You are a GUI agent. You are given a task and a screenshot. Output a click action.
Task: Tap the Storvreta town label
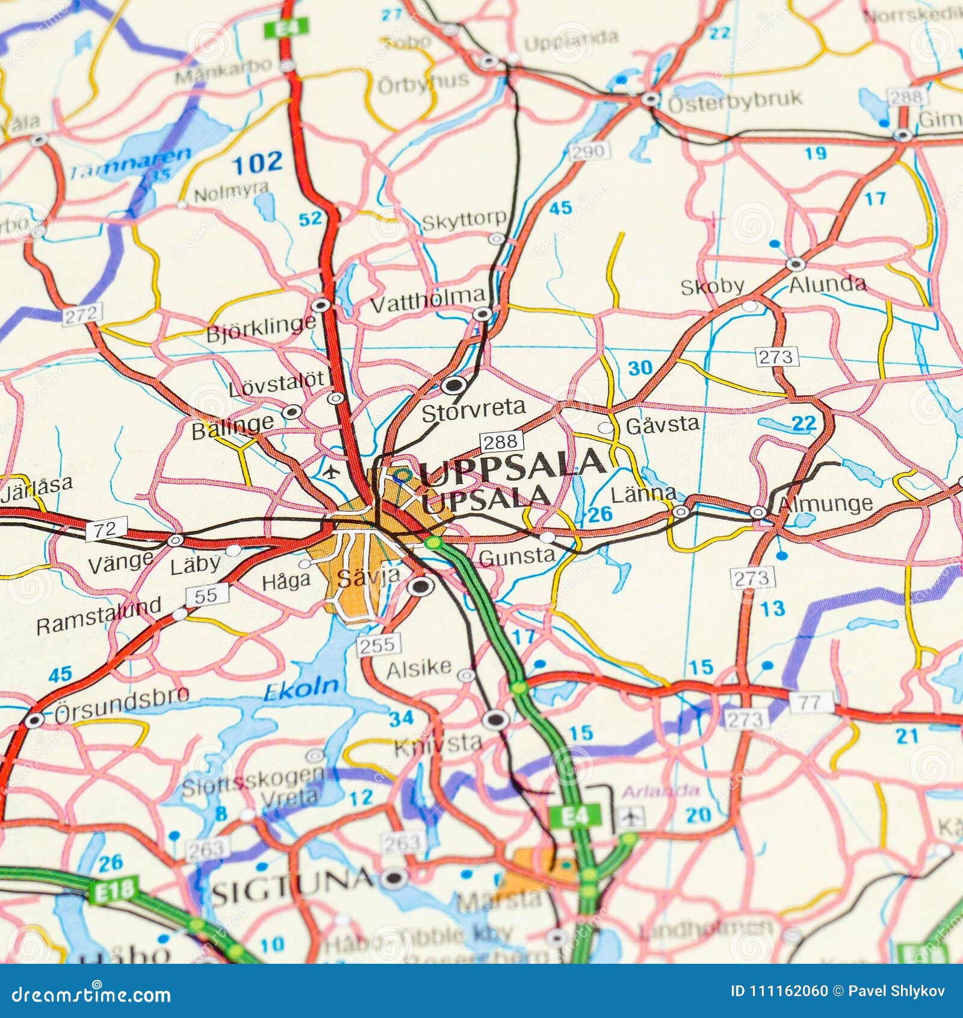[x=473, y=411]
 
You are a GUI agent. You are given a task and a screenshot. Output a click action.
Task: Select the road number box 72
[x=107, y=529]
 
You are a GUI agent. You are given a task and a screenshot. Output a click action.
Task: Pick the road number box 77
[x=812, y=701]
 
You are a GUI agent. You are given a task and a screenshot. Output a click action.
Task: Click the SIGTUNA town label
[x=291, y=884]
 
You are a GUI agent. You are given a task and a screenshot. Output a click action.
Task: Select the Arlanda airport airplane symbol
[x=630, y=817]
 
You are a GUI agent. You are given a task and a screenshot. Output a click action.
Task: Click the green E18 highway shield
[x=114, y=891]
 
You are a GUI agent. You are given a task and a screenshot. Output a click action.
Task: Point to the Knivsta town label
[x=438, y=744]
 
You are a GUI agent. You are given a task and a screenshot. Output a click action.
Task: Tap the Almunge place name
[x=825, y=505]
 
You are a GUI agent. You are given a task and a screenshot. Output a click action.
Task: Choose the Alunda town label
[x=828, y=284]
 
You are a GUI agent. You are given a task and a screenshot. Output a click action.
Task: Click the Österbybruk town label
[x=734, y=101]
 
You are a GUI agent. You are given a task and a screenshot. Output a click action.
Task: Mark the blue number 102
[x=257, y=162]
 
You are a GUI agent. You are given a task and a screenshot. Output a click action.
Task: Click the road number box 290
[x=589, y=151]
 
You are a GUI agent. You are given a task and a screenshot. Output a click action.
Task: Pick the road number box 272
[x=82, y=314]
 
